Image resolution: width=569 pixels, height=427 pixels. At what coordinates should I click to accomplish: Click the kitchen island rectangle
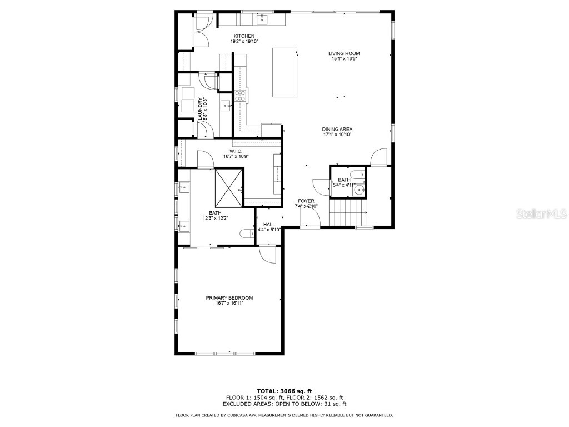coord(284,73)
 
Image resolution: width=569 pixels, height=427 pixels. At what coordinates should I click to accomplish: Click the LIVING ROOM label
coord(344,53)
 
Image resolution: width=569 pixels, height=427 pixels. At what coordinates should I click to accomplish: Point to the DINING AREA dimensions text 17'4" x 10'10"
coord(338,135)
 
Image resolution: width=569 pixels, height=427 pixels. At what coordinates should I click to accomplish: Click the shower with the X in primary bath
coord(229,187)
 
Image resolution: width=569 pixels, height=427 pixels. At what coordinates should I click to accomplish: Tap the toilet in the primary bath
coord(246,234)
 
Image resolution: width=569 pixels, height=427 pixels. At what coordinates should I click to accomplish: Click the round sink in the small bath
coord(358,192)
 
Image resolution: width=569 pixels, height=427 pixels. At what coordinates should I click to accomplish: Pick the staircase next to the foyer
coord(347,213)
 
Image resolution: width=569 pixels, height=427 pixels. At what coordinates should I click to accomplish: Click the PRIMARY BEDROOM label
coord(229,298)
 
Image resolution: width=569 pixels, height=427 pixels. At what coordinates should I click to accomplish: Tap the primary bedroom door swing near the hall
coord(268,255)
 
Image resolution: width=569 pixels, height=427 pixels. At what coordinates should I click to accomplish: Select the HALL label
coord(269,225)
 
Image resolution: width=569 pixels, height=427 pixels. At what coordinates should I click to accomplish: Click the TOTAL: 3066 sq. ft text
coord(284,391)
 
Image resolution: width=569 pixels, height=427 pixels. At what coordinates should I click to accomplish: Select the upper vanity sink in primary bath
coord(183,188)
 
